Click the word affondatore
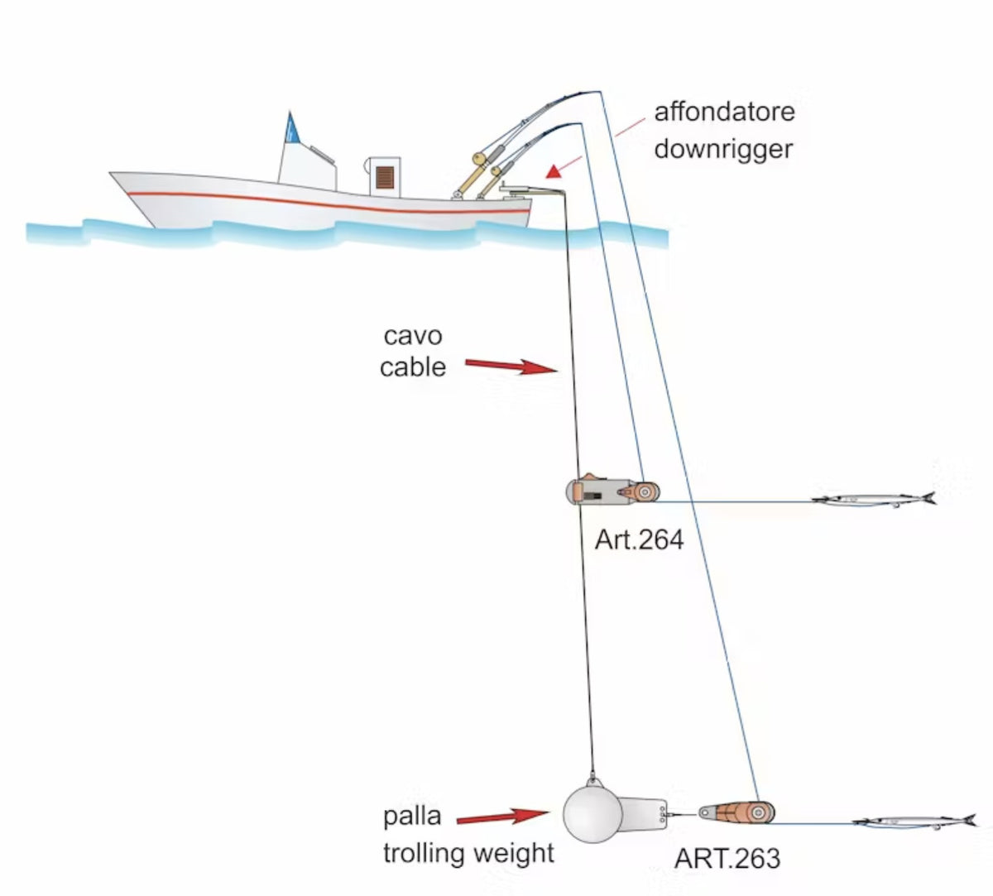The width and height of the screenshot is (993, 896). [x=724, y=113]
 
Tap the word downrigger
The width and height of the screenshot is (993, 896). [x=723, y=150]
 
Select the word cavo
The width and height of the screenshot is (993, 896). [x=413, y=337]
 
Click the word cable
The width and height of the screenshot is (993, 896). [x=413, y=367]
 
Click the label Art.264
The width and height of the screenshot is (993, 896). [x=639, y=539]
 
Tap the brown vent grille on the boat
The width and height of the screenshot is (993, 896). [x=385, y=177]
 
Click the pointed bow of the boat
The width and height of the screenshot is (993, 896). [x=110, y=173]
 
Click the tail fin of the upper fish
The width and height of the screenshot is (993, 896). [x=928, y=498]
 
